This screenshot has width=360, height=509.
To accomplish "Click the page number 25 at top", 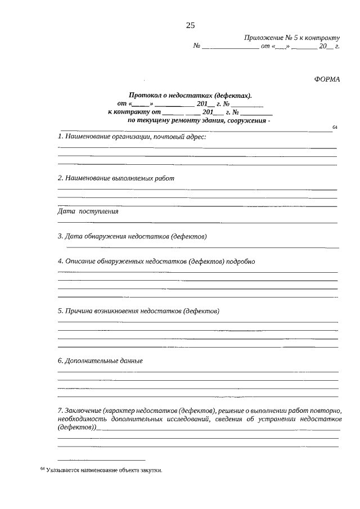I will pos(190,25).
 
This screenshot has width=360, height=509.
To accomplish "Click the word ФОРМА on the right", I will pos(327,79).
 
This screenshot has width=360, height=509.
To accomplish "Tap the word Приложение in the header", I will pos(264,38).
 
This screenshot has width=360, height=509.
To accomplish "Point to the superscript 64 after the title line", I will pos(335,128).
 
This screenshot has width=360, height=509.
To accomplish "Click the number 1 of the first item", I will pos(60,137).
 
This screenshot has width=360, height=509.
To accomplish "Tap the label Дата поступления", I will pos(88,212).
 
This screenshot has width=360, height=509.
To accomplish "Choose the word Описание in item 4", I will pos(80,261).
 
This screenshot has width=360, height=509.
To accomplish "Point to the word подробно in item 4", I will pos(242,261).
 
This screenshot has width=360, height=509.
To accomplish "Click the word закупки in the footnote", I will pos(151,471).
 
